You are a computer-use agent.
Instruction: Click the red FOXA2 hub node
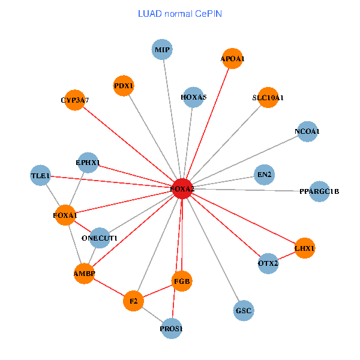[x=182, y=189]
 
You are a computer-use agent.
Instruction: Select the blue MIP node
[x=163, y=50]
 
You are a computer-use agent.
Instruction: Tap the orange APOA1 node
[x=232, y=58]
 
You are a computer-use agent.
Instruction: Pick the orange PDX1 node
[x=124, y=86]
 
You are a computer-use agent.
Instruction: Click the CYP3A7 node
[x=75, y=100]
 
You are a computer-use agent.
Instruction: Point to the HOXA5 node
[x=193, y=97]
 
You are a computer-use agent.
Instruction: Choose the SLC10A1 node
[x=268, y=97]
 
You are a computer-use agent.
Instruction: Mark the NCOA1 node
[x=307, y=131]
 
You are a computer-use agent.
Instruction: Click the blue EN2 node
[x=264, y=175]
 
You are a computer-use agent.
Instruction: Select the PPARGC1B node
[x=319, y=192]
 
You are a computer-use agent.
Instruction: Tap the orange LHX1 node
[x=305, y=248]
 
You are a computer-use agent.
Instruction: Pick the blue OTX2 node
[x=268, y=263]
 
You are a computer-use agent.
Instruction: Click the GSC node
[x=244, y=310]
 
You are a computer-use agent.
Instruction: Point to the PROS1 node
[x=172, y=329]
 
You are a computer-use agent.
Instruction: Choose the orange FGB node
[x=182, y=280]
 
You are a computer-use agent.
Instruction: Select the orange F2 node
[x=134, y=301]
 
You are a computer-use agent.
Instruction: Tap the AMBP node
[x=85, y=274]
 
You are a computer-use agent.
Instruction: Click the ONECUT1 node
[x=100, y=238]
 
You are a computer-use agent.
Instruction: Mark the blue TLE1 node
[x=41, y=176]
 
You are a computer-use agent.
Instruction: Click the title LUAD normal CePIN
[x=180, y=13]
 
